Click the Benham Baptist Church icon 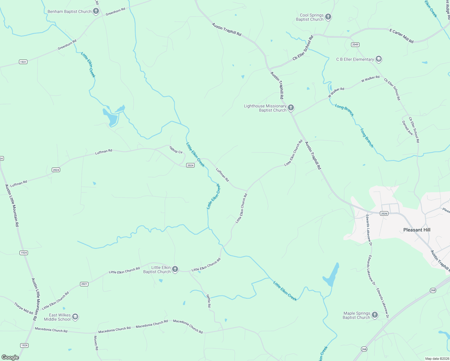tap(96, 11)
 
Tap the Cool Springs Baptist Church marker tap(328, 17)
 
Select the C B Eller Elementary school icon tap(379, 59)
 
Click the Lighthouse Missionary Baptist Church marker tap(291, 108)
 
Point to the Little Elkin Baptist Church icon tap(175, 269)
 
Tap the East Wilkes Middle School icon tap(75, 317)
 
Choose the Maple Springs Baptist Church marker tap(374, 315)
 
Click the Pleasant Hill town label tap(417, 230)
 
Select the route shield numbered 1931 tap(23, 62)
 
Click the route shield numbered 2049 tap(355, 45)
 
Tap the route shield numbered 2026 tap(384, 214)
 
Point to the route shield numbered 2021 tap(84, 284)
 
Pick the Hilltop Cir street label tap(176, 150)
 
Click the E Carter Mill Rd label tap(401, 36)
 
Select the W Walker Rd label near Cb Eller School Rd tap(370, 79)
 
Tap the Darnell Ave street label tap(407, 128)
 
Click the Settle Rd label tap(208, 301)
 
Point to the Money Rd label tap(96, 343)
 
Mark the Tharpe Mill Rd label tap(23, 308)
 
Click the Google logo tap(10, 357)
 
